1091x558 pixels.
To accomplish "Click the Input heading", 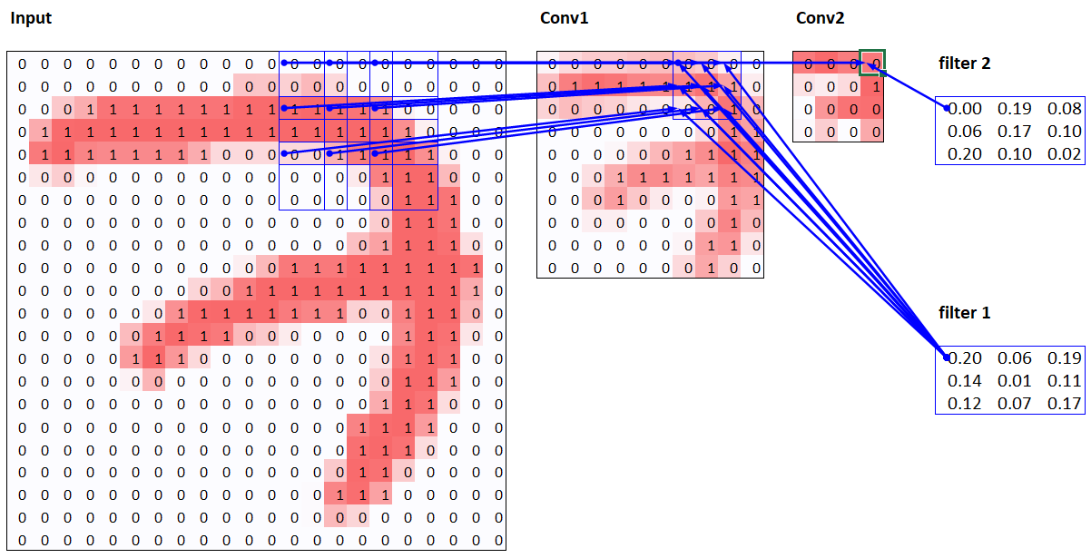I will click(x=31, y=18).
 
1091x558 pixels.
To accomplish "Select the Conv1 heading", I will click(x=565, y=18).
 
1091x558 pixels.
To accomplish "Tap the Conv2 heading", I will click(x=821, y=18).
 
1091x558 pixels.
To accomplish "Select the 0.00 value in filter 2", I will click(x=964, y=109).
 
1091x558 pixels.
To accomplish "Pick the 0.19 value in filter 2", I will click(x=1014, y=109).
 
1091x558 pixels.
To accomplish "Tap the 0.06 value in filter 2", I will click(x=964, y=132).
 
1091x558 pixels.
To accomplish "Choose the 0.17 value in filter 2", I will click(x=1014, y=132).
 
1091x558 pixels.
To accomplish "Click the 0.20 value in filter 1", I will click(x=964, y=358).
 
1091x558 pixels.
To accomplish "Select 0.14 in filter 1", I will click(x=964, y=381).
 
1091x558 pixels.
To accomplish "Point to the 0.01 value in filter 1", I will click(x=1014, y=381).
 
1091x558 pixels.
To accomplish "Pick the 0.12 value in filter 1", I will click(x=964, y=404).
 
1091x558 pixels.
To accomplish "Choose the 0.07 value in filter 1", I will click(x=1014, y=404).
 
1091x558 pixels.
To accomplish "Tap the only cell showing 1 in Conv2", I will click(x=875, y=86).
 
